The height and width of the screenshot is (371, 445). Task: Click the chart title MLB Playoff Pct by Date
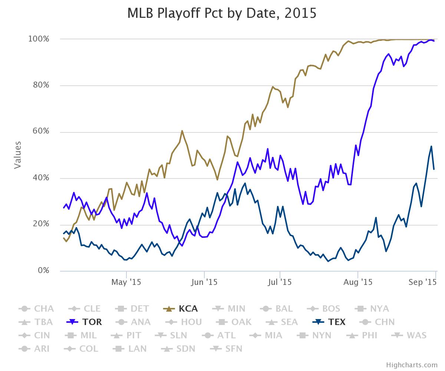pos(222,13)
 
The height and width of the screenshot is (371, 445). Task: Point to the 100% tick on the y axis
pos(39,39)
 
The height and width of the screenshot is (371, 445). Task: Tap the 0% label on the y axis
pos(44,271)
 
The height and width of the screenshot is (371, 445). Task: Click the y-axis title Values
pos(17,155)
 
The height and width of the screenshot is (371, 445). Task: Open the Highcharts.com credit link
pos(412,365)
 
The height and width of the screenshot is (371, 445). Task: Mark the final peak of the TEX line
pos(431,146)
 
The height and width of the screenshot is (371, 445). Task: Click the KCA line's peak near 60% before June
pos(182,131)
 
